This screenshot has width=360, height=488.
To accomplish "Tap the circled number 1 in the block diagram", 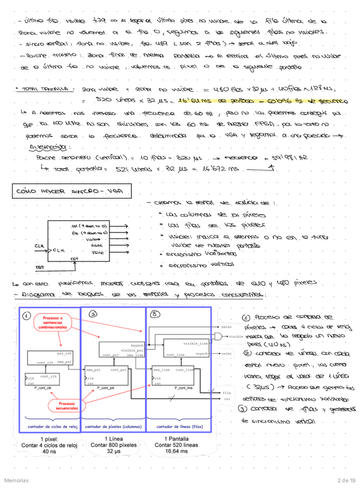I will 26,315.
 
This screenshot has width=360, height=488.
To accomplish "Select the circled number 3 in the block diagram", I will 154,314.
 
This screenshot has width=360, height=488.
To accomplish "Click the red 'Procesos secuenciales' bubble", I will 53,407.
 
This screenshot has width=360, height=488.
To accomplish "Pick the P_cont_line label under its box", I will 173,390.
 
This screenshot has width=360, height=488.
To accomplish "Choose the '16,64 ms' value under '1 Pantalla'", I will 176,452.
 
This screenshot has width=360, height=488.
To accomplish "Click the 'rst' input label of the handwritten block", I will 24,267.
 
